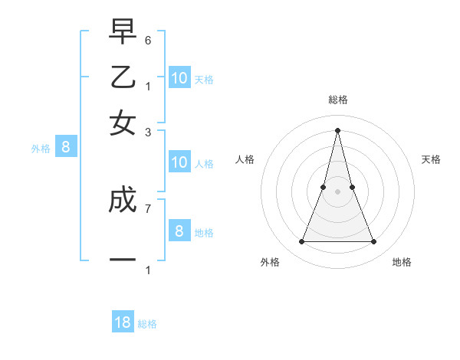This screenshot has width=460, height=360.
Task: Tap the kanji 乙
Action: click(x=123, y=78)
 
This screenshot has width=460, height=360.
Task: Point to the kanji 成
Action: click(x=123, y=201)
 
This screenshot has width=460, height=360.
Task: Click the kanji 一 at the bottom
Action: click(x=123, y=260)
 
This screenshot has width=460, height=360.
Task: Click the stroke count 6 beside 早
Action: click(x=148, y=40)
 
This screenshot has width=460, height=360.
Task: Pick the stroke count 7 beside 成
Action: click(x=148, y=208)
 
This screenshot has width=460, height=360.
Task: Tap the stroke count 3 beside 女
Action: click(x=148, y=133)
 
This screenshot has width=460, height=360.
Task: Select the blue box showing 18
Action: click(x=123, y=322)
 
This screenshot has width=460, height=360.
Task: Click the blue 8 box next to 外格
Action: click(x=65, y=147)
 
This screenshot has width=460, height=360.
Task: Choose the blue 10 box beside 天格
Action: click(x=179, y=78)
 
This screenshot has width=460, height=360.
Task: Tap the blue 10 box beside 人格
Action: click(x=179, y=162)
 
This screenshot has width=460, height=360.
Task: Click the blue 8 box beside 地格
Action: click(x=179, y=231)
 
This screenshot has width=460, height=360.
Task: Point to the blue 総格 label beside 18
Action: click(x=147, y=324)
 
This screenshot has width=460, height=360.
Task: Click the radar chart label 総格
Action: click(x=338, y=100)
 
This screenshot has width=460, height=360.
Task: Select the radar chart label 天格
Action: click(x=431, y=159)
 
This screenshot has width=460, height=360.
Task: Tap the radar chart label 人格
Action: click(x=245, y=159)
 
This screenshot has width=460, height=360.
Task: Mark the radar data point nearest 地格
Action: click(x=374, y=242)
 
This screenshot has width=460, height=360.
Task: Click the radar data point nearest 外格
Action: click(x=301, y=242)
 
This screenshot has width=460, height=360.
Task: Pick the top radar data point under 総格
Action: click(x=338, y=129)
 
